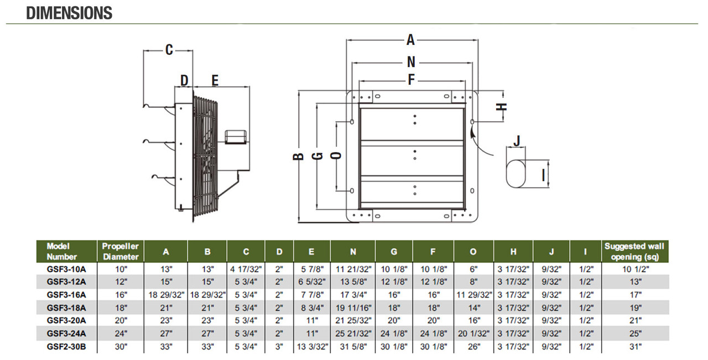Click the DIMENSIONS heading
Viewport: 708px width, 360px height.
(x=69, y=13)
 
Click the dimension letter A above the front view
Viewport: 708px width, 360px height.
(x=410, y=40)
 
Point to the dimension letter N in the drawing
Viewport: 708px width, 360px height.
(x=411, y=62)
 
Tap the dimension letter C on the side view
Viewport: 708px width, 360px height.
(x=169, y=50)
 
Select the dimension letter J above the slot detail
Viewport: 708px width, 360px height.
(x=517, y=141)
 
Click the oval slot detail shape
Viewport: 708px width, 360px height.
(x=516, y=174)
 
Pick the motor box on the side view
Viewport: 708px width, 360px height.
(x=236, y=137)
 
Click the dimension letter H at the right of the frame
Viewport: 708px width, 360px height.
(x=502, y=107)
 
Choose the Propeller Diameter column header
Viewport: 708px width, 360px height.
(x=121, y=252)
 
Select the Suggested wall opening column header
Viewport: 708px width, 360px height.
(x=634, y=252)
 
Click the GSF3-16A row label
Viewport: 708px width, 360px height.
(x=66, y=295)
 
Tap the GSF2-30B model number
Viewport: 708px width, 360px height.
(x=66, y=347)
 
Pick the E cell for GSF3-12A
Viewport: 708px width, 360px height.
(x=311, y=281)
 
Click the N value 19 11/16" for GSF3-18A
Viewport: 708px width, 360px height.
(x=353, y=308)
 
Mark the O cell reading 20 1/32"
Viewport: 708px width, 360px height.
(x=473, y=333)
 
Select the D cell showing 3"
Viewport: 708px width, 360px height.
(x=279, y=347)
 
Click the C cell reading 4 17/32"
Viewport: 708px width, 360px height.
(x=246, y=269)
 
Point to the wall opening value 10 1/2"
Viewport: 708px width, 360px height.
(x=636, y=269)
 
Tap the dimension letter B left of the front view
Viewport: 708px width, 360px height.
(x=298, y=156)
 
